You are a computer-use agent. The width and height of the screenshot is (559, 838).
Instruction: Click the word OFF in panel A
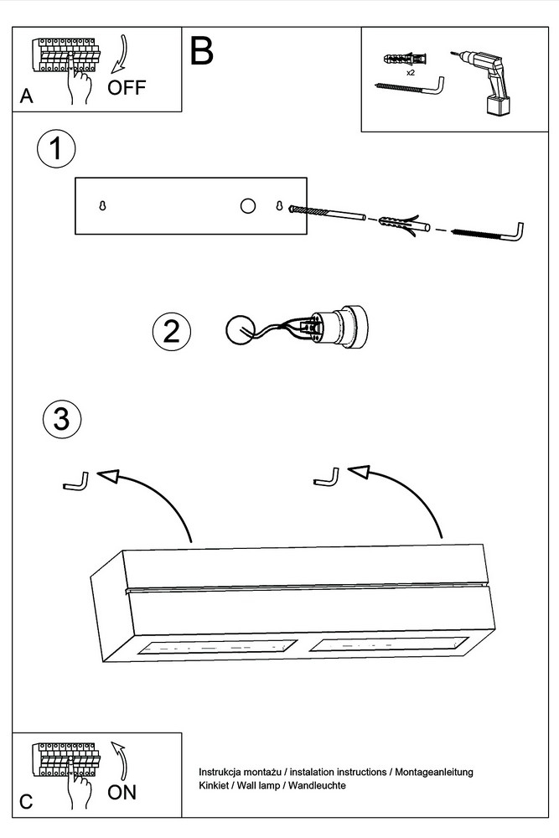click(x=127, y=87)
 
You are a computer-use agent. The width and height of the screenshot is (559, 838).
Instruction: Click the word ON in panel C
click(x=122, y=792)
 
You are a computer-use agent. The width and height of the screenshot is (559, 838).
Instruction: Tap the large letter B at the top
click(x=202, y=51)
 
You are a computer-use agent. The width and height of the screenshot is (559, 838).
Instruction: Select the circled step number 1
click(x=56, y=151)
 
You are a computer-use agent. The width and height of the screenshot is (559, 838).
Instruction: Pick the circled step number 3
click(x=61, y=419)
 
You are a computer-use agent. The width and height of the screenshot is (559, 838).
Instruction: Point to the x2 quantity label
click(x=411, y=74)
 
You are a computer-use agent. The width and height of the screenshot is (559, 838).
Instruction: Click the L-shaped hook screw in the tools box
click(x=408, y=88)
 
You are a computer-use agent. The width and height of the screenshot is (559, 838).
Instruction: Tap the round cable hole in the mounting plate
click(x=247, y=206)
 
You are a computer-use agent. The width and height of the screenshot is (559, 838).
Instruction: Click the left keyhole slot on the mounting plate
click(x=102, y=206)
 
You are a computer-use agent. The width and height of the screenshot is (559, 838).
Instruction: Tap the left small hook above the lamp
click(x=75, y=483)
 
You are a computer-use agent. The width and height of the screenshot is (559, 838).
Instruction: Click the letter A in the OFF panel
click(x=27, y=97)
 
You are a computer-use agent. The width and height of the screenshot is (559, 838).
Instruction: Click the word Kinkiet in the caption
click(x=214, y=786)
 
